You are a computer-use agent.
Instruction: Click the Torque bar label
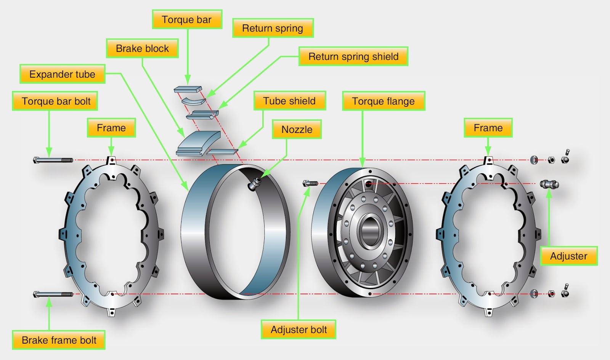pos(187,19)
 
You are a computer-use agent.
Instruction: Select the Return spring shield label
pos(353,56)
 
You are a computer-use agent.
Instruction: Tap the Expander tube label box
pos(62,74)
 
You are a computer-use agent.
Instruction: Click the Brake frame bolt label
pos(59,340)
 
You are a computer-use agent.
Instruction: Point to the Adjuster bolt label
pos(299,330)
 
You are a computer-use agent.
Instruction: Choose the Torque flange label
pos(383,101)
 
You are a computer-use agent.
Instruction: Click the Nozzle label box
pos(297,130)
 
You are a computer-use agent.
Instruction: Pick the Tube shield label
pos(289,101)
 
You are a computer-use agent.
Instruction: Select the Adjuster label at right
pos(568,256)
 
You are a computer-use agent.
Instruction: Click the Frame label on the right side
pos(488,128)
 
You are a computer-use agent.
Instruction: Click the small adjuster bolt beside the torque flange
pos(310,184)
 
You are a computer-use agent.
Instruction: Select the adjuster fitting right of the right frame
pos(549,184)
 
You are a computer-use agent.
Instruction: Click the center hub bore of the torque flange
pos(369,230)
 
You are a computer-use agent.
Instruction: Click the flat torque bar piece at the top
pos(188,90)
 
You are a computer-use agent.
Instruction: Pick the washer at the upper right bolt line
pos(534,160)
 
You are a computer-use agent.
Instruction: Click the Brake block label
pos(142,48)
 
